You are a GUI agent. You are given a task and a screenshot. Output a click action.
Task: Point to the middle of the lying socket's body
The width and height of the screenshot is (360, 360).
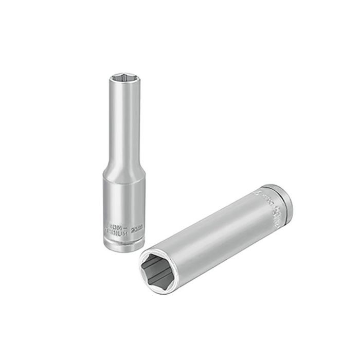216,234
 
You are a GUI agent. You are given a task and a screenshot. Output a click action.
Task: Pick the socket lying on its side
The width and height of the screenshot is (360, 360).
216,234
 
